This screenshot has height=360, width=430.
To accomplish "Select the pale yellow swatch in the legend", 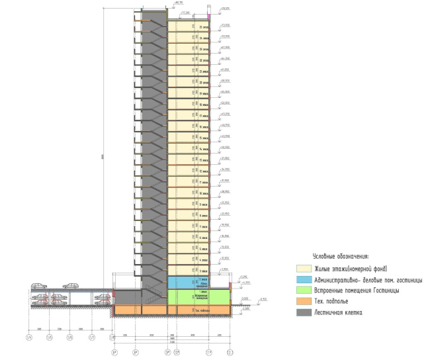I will [305, 269].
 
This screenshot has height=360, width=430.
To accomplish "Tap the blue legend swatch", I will [305, 280].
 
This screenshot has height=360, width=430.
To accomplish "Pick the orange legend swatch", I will [305, 302].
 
